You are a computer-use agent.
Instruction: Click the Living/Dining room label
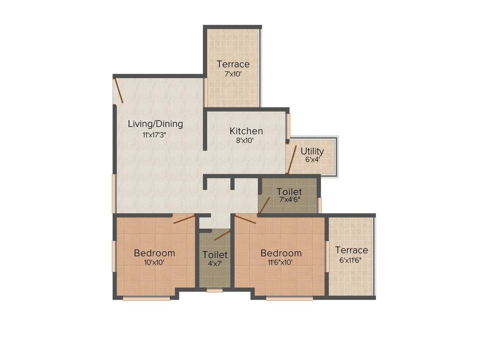(x=155, y=124)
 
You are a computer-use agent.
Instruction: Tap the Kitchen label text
(x=246, y=131)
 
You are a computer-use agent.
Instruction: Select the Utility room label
(x=312, y=151)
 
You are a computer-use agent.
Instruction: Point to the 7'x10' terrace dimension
(x=232, y=74)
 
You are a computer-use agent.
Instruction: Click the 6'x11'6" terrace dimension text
(x=351, y=260)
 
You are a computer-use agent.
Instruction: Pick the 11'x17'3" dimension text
(x=155, y=135)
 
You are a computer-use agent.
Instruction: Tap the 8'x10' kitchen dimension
(x=246, y=140)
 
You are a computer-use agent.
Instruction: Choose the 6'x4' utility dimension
(x=313, y=159)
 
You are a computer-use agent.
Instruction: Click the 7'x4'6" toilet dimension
(x=289, y=199)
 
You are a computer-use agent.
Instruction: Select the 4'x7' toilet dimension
(x=215, y=263)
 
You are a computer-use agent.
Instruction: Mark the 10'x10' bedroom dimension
(x=154, y=262)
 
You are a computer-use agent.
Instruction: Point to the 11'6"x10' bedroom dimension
(x=281, y=262)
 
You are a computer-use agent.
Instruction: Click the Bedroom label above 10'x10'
(x=154, y=253)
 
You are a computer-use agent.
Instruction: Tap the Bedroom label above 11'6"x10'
(x=281, y=253)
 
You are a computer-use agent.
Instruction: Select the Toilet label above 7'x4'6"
(x=289, y=191)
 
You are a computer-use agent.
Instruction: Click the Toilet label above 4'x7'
(x=215, y=255)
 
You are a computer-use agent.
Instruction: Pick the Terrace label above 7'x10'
(x=233, y=64)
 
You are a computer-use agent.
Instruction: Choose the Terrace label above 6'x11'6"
(x=351, y=250)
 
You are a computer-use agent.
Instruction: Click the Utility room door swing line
(x=292, y=160)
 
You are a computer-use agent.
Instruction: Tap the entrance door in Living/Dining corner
(x=119, y=90)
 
